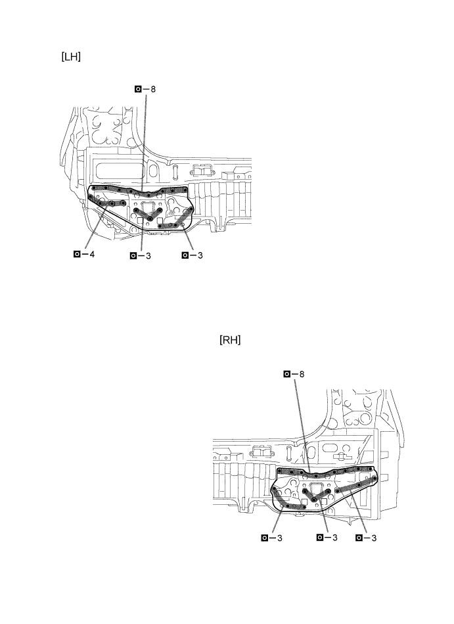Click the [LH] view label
pyautogui.click(x=71, y=57)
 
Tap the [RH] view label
pyautogui.click(x=230, y=340)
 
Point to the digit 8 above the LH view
pyautogui.click(x=153, y=89)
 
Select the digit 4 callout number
pyautogui.click(x=92, y=254)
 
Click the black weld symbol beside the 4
pyautogui.click(x=77, y=254)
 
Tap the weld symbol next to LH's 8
pyautogui.click(x=138, y=89)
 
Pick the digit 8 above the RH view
pyautogui.click(x=302, y=374)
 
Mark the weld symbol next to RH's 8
pyautogui.click(x=286, y=374)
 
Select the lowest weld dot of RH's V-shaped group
pyautogui.click(x=314, y=500)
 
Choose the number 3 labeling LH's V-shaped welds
pyautogui.click(x=148, y=256)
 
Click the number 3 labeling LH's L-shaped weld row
pyautogui.click(x=200, y=255)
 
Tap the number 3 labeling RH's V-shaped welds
pyautogui.click(x=335, y=538)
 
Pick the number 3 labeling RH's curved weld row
pyautogui.click(x=280, y=538)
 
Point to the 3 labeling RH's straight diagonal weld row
pyautogui.click(x=374, y=538)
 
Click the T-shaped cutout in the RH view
pyautogui.click(x=341, y=456)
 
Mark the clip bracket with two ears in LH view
pyautogui.click(x=202, y=170)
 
